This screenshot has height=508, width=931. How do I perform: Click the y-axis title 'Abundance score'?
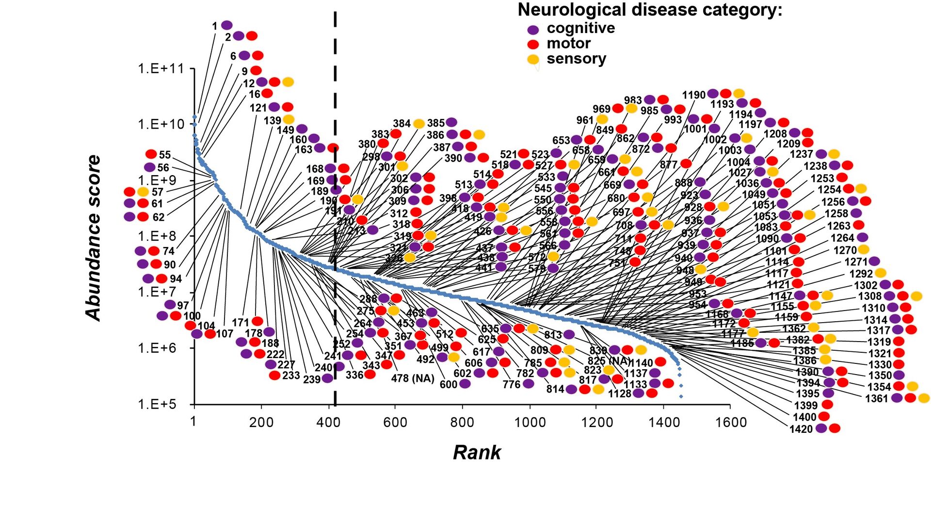93,238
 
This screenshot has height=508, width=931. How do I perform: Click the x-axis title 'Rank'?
477,452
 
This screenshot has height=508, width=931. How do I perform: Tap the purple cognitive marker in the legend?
533,29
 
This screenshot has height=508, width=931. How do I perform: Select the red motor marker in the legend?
533,44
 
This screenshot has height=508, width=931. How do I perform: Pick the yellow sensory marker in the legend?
533,59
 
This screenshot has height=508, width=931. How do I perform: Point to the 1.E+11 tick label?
161,69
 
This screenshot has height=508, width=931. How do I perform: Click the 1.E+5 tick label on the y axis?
161,404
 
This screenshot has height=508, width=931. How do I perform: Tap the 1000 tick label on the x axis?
530,423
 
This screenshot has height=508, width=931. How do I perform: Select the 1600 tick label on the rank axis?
731,423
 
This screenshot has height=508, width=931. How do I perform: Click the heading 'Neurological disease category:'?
650,10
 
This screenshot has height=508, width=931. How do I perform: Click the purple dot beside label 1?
226,25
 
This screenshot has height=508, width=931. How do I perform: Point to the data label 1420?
801,429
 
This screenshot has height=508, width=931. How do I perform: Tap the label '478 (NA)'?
413,378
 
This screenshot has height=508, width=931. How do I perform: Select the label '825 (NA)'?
609,361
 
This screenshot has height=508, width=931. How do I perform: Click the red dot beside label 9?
256,71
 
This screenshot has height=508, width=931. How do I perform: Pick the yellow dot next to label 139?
289,119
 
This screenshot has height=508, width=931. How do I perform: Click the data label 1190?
694,95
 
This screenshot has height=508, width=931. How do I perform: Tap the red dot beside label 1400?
824,416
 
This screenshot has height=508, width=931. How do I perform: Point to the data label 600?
449,384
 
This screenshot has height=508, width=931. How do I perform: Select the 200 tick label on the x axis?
261,423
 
